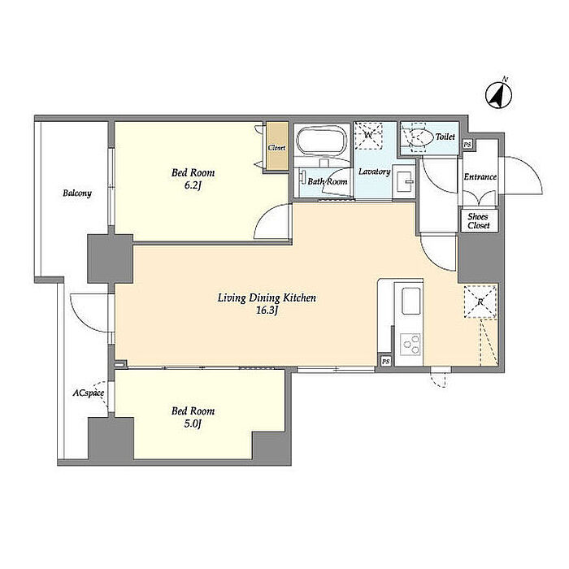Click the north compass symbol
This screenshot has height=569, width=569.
click(499, 95)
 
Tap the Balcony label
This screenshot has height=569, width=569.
click(77, 193)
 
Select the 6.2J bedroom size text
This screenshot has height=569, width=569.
click(193, 185)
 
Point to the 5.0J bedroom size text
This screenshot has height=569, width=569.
click(193, 423)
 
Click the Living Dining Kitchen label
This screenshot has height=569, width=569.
click(267, 298)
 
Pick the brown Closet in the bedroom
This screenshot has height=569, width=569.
click(276, 146)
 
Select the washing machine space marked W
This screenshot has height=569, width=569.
click(368, 136)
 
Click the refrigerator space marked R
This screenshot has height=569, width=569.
click(480, 302)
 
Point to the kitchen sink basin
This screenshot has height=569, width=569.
click(411, 302)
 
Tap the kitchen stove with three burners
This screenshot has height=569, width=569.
click(410, 345)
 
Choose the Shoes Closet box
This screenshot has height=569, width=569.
click(479, 220)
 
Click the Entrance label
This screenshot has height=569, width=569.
click(480, 176)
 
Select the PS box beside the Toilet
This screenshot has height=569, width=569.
click(467, 144)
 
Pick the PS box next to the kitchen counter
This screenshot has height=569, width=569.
click(386, 361)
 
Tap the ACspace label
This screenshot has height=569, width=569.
click(88, 393)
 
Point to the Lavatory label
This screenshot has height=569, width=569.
click(375, 172)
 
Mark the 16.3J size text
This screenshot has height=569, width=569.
click(267, 311)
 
